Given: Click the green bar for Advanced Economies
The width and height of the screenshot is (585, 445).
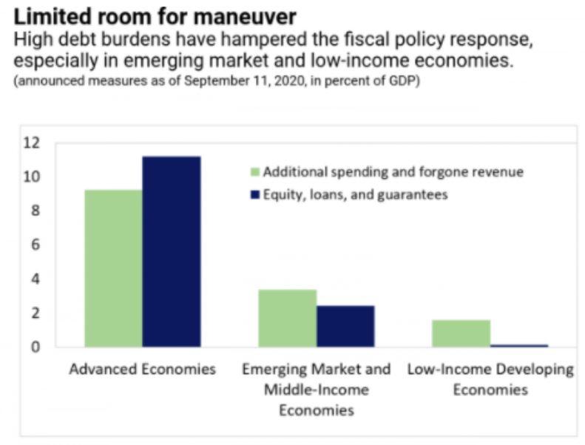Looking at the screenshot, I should click(x=113, y=268).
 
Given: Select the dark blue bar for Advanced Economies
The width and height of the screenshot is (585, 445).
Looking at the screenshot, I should click(x=171, y=251).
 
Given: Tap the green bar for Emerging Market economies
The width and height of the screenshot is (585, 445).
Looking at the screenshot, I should click(x=287, y=318).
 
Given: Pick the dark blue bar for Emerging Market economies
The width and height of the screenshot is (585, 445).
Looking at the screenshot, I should click(x=345, y=326).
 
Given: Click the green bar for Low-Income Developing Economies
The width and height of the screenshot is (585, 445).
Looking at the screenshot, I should click(x=461, y=333).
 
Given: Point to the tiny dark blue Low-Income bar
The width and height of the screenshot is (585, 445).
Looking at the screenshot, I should click(x=518, y=345).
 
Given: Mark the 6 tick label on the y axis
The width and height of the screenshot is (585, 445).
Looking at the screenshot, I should click(x=51, y=245).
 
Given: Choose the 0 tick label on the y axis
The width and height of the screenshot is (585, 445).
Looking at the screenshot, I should click(x=51, y=347).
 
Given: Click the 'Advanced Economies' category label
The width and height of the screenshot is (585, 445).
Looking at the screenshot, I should click(x=142, y=369).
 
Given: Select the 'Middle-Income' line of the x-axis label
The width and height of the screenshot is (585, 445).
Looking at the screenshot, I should click(x=316, y=389).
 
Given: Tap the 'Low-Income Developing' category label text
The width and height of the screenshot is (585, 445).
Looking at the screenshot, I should click(x=490, y=369).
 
